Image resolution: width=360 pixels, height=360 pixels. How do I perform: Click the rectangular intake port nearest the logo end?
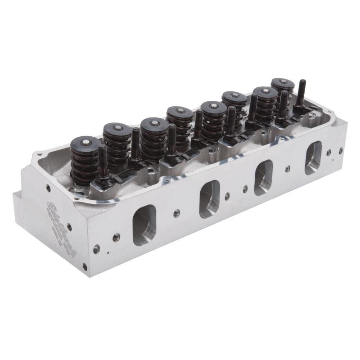(144, 225)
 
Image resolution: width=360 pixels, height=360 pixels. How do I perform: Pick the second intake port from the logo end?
(210, 198)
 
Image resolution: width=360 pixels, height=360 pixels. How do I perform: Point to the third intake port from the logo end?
(263, 176)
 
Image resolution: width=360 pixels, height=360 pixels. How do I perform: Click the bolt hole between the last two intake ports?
(288, 169)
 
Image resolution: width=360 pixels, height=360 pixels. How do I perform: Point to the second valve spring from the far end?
(266, 102)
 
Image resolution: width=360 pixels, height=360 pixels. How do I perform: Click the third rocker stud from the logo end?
(172, 139)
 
